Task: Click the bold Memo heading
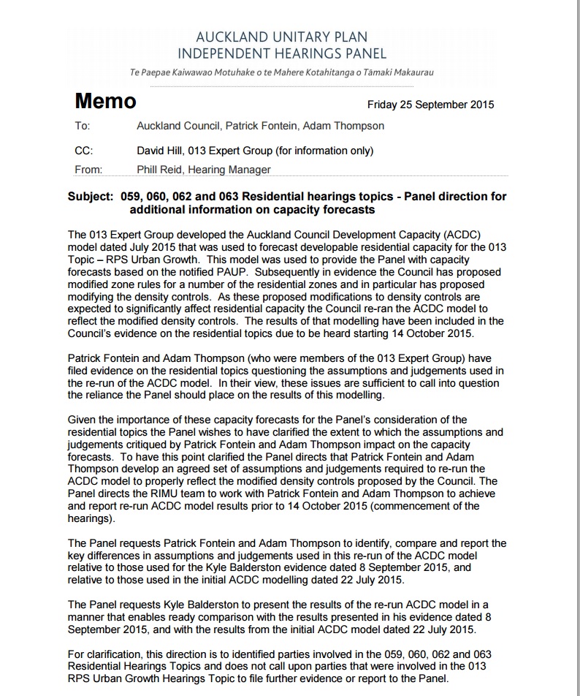105,102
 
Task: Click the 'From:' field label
88,170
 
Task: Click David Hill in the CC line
159,151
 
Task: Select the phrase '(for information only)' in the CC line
321,151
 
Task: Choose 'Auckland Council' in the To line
178,126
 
